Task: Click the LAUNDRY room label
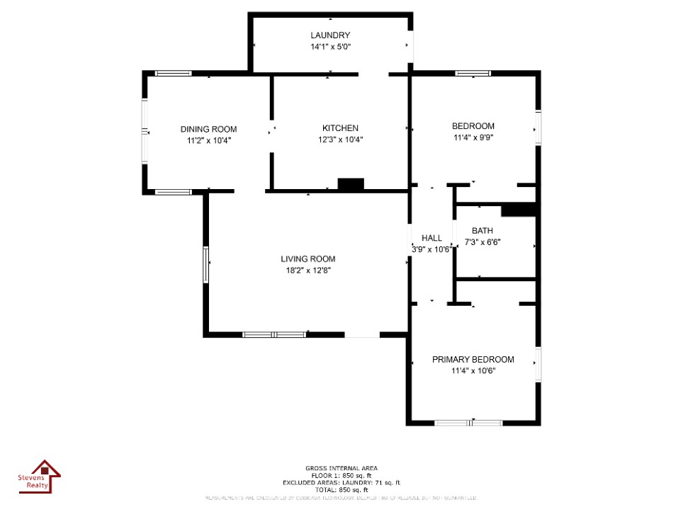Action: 329,35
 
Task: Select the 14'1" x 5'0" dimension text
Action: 329,47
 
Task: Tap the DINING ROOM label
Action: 208,129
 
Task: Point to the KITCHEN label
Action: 340,128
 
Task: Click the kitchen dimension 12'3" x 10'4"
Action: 340,140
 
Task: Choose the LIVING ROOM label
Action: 307,258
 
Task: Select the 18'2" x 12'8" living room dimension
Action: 307,271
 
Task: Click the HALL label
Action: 431,238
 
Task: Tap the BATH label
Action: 482,231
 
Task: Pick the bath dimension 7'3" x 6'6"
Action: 482,242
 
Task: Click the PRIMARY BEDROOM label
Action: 473,359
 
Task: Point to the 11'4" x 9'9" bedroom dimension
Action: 473,138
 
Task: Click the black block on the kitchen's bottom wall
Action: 351,185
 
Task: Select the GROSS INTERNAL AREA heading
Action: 341,468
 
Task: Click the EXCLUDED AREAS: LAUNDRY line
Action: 341,482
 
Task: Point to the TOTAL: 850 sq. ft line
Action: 341,490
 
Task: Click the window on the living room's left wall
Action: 205,264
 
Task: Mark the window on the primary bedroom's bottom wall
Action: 468,423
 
